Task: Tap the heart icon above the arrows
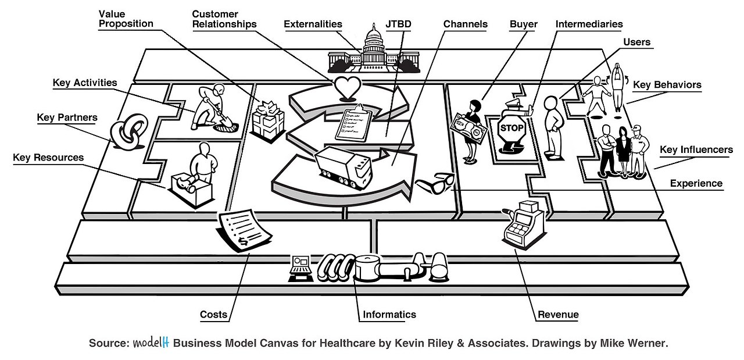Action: click(348, 88)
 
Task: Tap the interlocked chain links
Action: click(123, 135)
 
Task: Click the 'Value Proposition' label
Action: click(126, 19)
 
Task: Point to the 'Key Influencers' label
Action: click(696, 150)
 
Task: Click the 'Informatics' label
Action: click(389, 315)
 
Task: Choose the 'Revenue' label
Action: click(558, 315)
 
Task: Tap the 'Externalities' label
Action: click(313, 24)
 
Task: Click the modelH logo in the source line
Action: click(151, 343)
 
